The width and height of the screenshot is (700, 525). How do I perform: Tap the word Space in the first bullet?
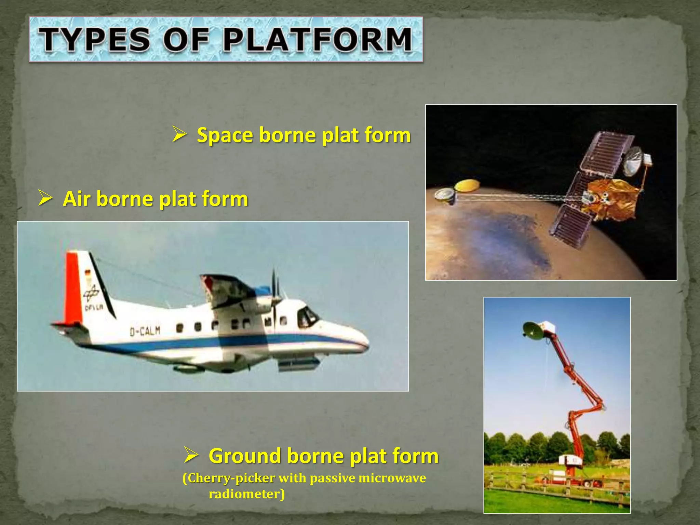225,135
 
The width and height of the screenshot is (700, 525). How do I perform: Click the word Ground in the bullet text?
245,456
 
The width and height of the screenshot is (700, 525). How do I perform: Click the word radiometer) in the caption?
246,494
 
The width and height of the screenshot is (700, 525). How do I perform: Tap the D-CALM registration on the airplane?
145,331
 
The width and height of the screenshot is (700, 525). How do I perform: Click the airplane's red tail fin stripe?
73,287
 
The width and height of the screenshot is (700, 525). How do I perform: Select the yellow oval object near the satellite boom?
467,186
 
